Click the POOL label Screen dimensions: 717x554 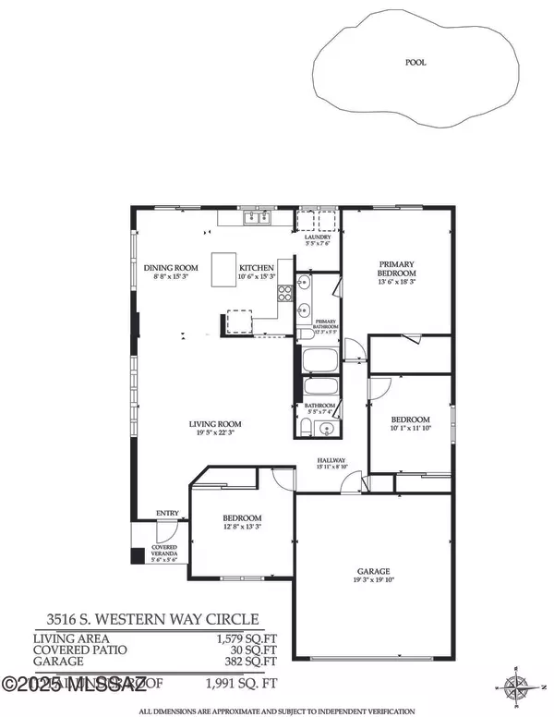coord(415,64)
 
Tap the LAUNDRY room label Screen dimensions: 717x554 coord(317,237)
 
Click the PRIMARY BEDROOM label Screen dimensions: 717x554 coord(397,268)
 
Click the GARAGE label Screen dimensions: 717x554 coord(374,571)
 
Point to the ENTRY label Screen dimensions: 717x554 coord(167,514)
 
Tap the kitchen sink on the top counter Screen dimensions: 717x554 coord(256,218)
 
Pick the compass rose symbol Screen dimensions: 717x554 coord(514,685)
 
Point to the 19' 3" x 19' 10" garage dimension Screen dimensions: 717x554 coord(374,581)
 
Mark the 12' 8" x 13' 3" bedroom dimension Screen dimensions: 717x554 coord(242,528)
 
